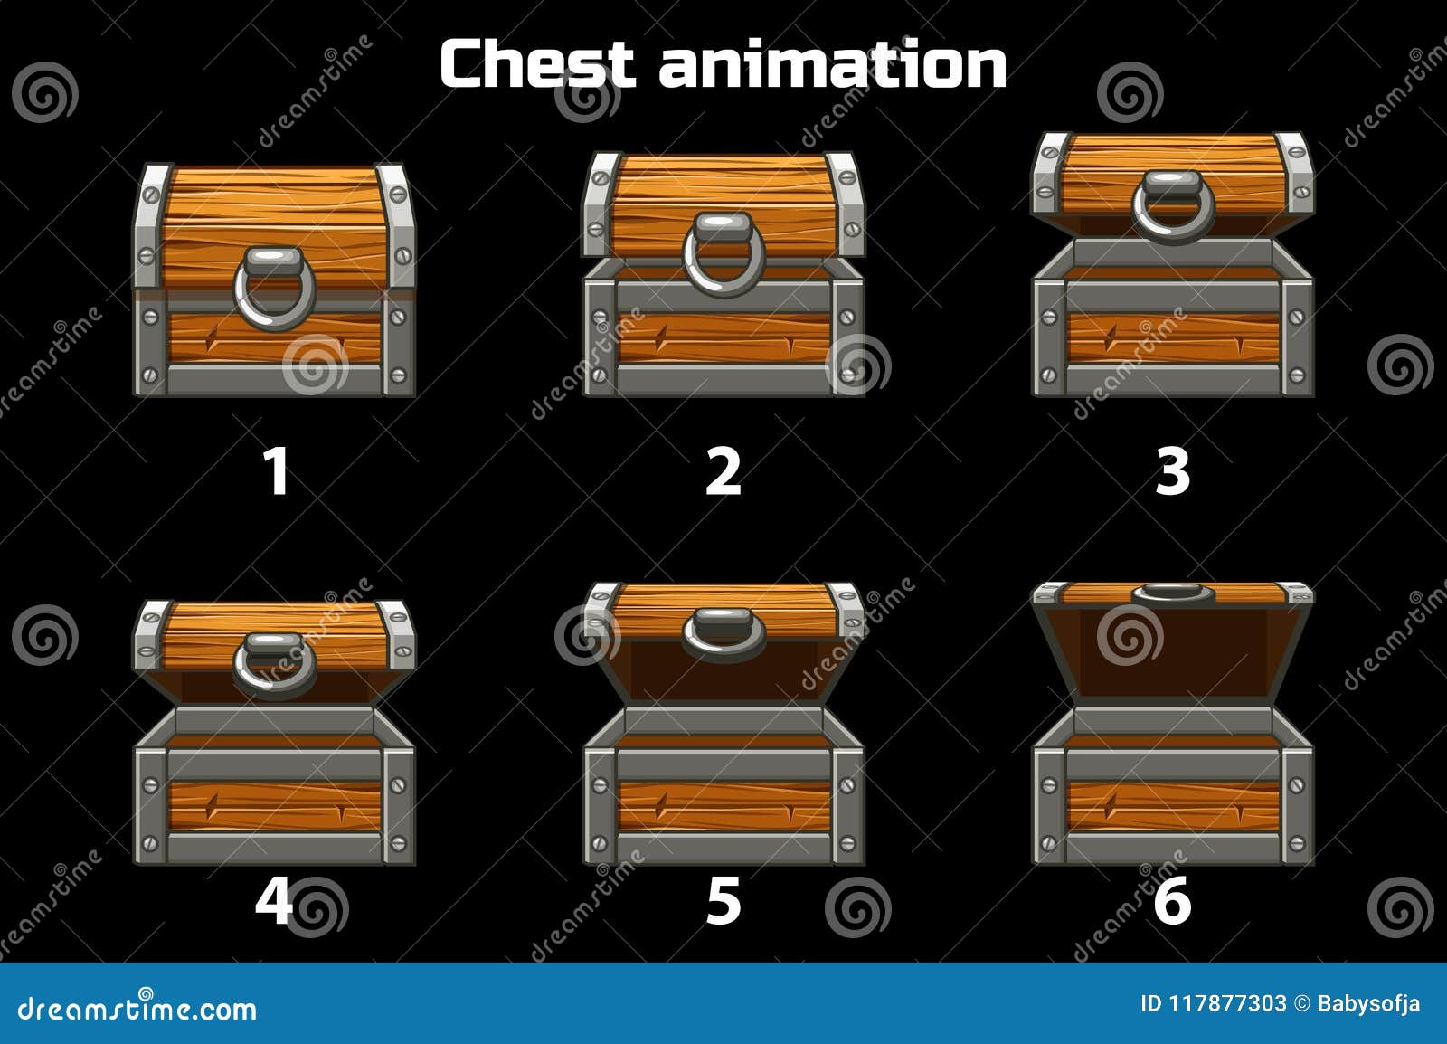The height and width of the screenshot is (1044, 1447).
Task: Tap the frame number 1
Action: tap(275, 472)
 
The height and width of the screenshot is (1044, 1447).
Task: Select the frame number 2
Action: tap(723, 472)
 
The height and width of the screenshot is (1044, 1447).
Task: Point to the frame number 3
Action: tap(1172, 472)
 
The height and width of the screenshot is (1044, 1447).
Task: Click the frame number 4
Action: tap(274, 899)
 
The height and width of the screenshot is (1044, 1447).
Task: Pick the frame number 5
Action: tap(723, 900)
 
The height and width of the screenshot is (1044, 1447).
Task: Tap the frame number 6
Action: tap(1172, 900)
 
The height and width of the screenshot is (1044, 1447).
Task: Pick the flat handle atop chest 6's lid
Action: tap(1173, 593)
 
